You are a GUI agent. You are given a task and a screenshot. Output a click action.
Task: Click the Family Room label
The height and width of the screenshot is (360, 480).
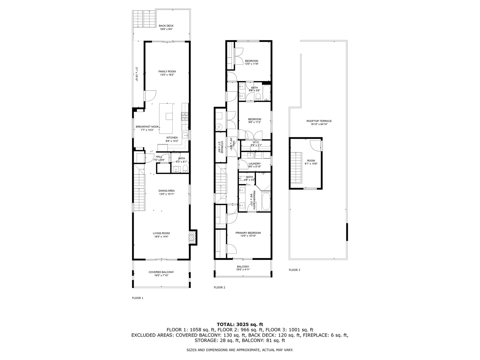pos(167,71)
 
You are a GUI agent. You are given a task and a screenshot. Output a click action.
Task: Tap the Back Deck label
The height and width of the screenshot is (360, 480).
pos(166,26)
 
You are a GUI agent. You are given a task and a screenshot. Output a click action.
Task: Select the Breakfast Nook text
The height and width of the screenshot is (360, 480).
pos(147,127)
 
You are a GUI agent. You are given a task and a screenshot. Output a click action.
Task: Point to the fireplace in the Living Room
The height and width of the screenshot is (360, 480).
pos(193,237)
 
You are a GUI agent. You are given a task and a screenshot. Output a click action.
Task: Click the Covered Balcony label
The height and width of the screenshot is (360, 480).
pos(161,272)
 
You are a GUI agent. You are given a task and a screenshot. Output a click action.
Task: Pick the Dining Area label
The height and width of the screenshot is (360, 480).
pos(167,191)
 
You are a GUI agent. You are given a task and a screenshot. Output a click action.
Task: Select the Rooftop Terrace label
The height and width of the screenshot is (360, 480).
pos(319,121)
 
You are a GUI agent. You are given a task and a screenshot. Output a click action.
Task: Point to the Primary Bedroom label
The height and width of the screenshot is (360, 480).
pos(248,233)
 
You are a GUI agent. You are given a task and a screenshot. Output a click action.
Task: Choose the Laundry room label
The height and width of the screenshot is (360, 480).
pos(254,164)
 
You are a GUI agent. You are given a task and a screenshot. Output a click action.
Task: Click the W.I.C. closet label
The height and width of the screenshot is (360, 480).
pos(256,142)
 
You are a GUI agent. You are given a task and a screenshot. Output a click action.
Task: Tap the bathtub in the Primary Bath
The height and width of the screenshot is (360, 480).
pos(266,201)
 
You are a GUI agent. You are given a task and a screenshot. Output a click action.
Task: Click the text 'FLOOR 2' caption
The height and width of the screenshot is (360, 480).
pos(219,287)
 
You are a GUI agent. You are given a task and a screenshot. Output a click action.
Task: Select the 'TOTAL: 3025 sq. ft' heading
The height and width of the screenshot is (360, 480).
pos(240,324)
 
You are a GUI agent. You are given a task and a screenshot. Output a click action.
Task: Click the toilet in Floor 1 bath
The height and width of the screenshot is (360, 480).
pos(185,168)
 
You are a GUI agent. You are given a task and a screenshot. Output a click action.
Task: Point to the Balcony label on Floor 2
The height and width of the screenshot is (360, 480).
pos(243,266)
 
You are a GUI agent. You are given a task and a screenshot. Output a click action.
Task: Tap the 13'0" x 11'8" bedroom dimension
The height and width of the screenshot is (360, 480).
pos(251,64)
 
